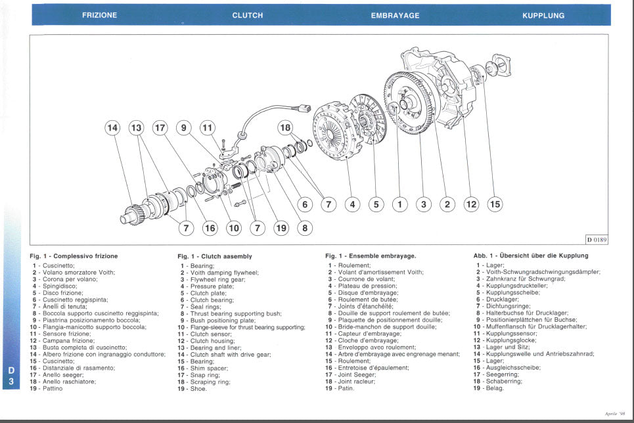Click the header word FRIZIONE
[x=100, y=15]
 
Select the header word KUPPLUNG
[x=543, y=15]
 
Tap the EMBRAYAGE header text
[x=395, y=15]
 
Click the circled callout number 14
[x=113, y=128]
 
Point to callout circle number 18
[x=285, y=127]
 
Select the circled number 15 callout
[x=495, y=204]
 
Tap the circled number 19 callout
[x=281, y=228]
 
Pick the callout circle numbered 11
[x=208, y=128]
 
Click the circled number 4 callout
[x=352, y=204]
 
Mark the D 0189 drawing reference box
[x=597, y=240]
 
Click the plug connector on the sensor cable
[x=303, y=108]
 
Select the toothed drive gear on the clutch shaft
[x=133, y=212]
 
